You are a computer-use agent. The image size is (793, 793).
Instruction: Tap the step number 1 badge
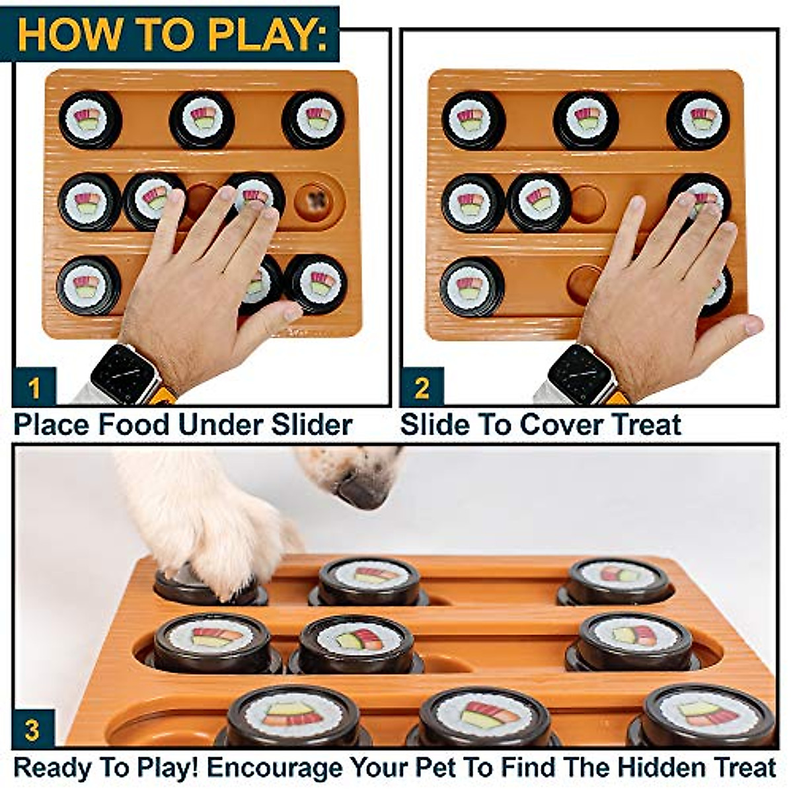[x=34, y=387]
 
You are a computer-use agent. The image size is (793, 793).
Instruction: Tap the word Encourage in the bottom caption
[x=274, y=769]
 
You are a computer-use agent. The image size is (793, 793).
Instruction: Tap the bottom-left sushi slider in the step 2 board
[x=472, y=286]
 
